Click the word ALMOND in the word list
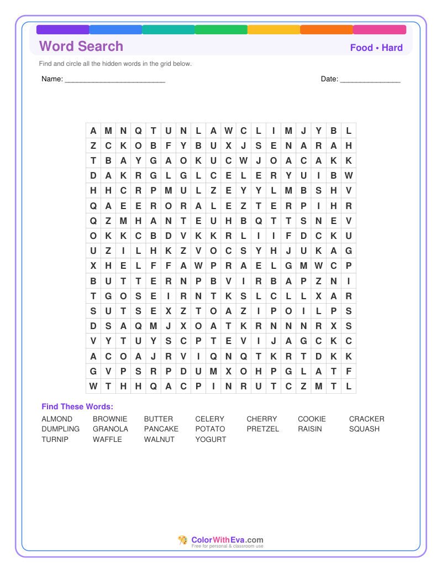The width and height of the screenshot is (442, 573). point(57,419)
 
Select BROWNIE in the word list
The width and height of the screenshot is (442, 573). point(110,419)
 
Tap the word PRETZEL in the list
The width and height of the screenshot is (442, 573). point(263,429)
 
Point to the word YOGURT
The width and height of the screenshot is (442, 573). point(211,439)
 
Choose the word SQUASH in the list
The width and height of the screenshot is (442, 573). point(364,429)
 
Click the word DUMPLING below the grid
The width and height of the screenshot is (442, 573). point(60,429)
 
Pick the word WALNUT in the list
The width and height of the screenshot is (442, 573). point(159,439)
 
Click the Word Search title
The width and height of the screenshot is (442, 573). point(81,46)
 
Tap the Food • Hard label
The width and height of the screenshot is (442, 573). point(376,48)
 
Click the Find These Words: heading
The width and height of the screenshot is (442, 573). point(77,407)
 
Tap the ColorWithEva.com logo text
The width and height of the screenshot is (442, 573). point(227,540)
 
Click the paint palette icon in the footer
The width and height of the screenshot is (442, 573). point(183,540)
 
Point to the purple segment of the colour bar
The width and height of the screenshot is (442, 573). point(62,30)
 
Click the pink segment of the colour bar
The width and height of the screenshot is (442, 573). point(380,30)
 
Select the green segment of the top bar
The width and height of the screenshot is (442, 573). point(221,30)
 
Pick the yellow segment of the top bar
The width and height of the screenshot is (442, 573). point(273,30)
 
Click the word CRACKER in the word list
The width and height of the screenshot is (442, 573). point(366,419)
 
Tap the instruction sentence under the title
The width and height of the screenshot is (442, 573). point(115,64)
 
